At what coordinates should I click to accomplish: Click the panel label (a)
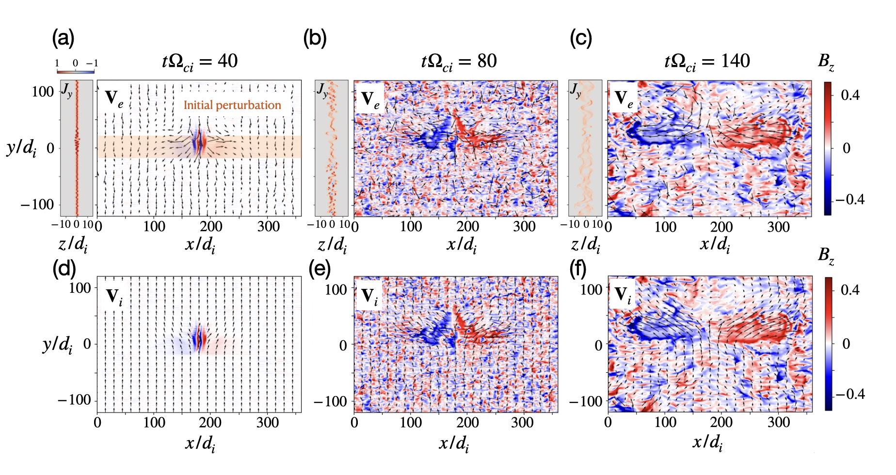tap(63, 38)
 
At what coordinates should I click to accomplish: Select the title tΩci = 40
tap(200, 62)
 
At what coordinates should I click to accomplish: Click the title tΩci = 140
tap(707, 62)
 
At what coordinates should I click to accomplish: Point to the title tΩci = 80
tap(459, 62)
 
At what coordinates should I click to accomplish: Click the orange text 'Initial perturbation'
tap(232, 105)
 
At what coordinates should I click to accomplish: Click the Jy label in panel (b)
tap(322, 90)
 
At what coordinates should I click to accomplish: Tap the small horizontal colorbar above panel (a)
tap(76, 71)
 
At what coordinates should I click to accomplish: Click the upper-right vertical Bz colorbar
tap(828, 148)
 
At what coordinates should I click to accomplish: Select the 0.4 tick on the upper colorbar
tap(850, 95)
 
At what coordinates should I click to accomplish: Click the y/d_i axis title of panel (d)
tap(57, 345)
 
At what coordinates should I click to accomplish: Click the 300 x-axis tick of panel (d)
tap(267, 423)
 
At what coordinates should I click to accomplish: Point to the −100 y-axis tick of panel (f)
tap(586, 401)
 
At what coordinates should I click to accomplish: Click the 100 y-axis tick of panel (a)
tap(43, 92)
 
